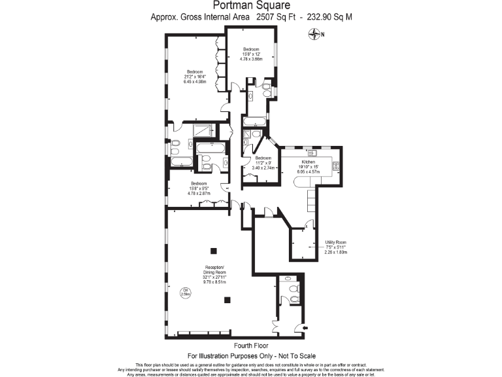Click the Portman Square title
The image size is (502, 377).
pyautogui.click(x=251, y=5)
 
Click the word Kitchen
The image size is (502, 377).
pyautogui.click(x=309, y=162)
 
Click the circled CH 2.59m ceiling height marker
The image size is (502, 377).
pyautogui.click(x=186, y=293)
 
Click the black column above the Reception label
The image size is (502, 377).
pyautogui.click(x=212, y=250)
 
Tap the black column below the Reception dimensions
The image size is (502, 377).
pyautogui.click(x=227, y=300)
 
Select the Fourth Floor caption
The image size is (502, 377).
pyautogui.click(x=251, y=346)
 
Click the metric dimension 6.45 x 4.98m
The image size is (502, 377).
pyautogui.click(x=195, y=82)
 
